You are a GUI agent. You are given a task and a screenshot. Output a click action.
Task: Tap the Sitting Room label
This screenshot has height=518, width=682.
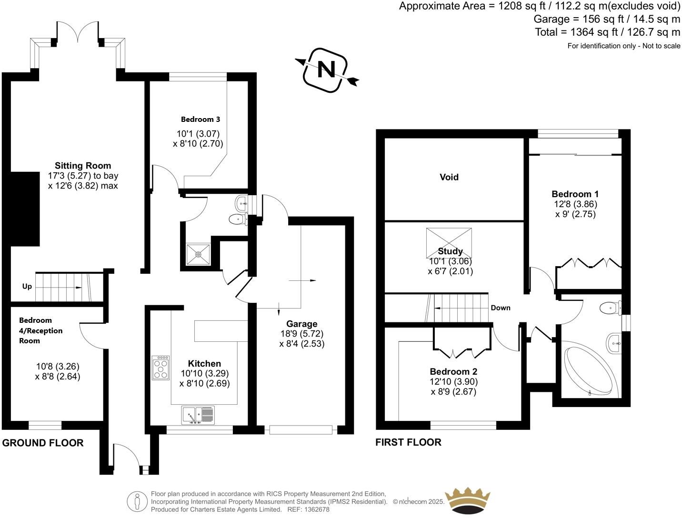pos(83,166)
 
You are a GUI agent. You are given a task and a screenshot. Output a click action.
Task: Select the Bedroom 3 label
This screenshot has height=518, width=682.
pos(200,120)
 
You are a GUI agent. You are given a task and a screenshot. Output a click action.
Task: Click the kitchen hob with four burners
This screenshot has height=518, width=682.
pos(160,368)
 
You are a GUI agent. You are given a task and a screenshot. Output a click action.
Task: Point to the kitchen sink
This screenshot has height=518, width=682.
pos(198,415)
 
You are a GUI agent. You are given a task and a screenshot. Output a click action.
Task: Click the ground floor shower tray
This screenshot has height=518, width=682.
pos(198,254)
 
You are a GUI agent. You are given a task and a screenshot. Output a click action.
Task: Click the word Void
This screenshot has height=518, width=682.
pos(449,177)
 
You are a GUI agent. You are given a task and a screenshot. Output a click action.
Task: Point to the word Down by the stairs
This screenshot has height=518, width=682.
pos(501,308)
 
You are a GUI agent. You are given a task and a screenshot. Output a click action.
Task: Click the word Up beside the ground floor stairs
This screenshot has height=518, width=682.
pos(27,286)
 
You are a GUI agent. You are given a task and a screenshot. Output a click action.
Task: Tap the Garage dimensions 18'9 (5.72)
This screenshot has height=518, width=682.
pos(301,334)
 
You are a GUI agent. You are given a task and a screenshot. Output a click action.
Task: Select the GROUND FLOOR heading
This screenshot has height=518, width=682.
pos(43,443)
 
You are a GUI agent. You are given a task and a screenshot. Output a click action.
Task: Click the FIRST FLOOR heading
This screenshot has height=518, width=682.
pos(408,442)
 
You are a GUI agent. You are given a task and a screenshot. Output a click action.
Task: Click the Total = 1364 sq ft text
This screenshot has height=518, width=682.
pos(607,32)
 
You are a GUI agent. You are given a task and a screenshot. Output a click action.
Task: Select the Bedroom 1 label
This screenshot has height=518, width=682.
pos(575,194)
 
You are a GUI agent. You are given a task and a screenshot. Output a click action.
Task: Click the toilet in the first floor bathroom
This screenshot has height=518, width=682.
pos(611,308)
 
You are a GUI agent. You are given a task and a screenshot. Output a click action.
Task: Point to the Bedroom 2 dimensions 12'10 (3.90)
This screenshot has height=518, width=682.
pos(453,382)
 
